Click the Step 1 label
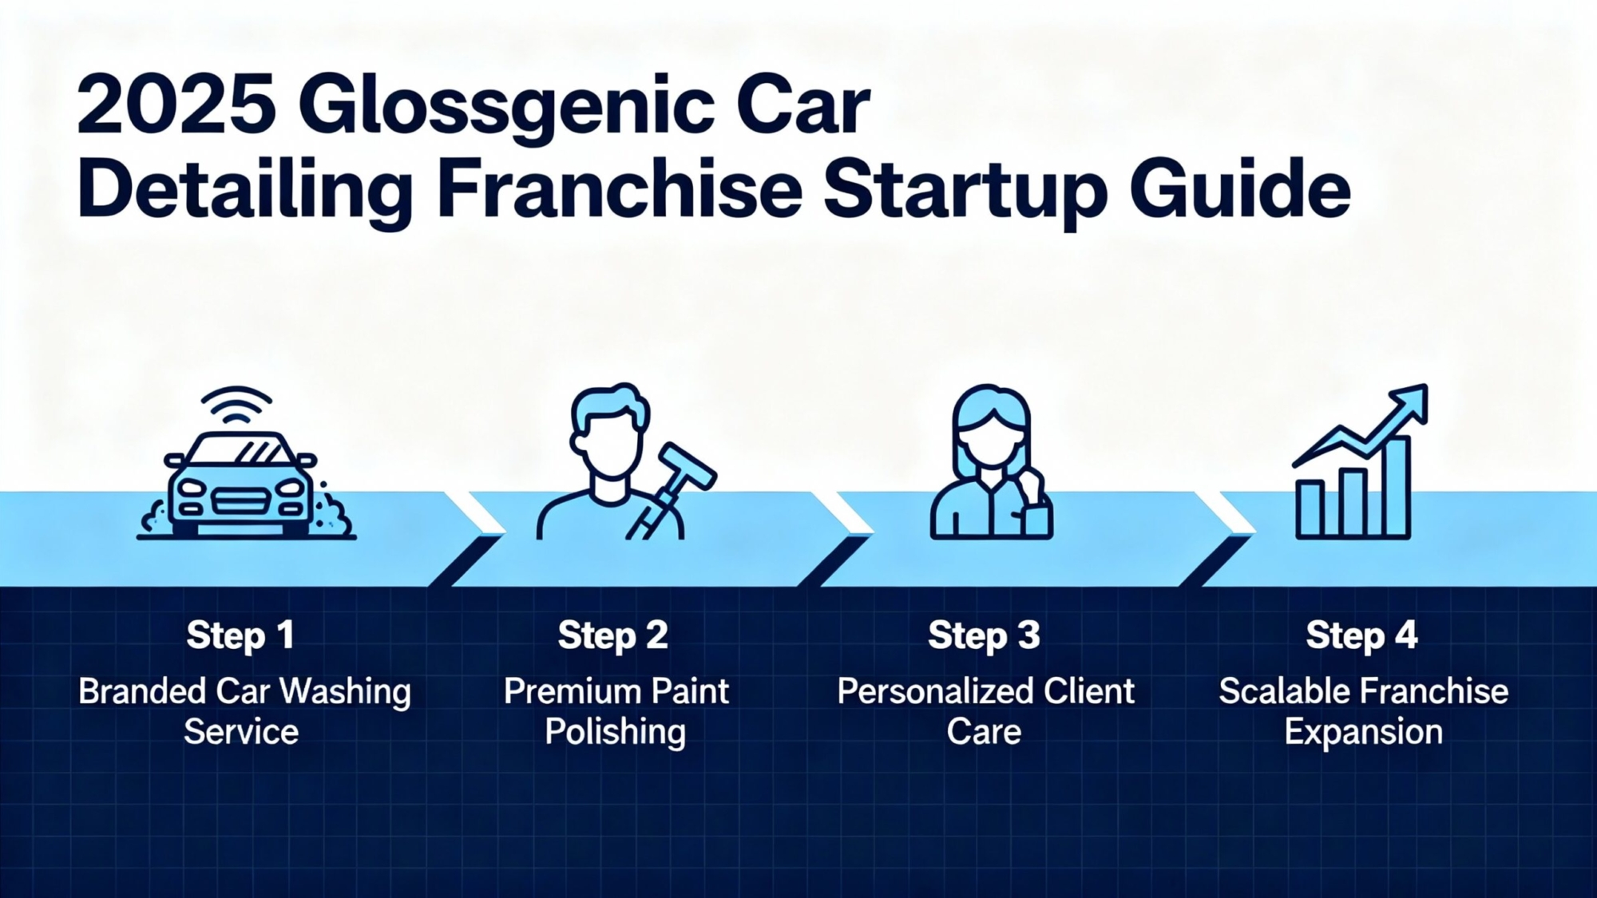point(240,636)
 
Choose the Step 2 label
point(612,636)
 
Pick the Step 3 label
point(984,636)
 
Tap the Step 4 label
point(1361,636)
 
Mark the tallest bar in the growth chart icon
point(1395,487)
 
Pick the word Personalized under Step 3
point(929,691)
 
